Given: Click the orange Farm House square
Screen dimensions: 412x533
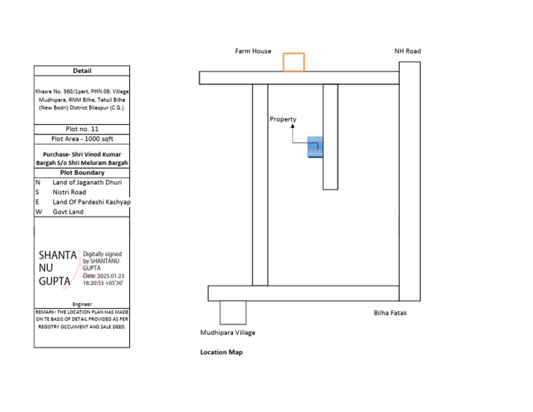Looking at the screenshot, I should click(294, 62).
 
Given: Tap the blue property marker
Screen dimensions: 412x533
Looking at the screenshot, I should click(315, 146).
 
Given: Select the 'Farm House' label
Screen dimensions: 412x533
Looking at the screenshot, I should click(253, 51).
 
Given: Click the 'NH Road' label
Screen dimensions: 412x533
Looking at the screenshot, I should click(407, 51).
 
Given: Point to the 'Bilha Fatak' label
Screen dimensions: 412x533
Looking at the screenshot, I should click(390, 313).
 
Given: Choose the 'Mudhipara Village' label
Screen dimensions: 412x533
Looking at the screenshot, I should click(228, 333).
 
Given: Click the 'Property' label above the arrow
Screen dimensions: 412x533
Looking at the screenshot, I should click(282, 119).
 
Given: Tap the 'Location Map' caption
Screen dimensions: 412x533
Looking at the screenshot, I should click(221, 352).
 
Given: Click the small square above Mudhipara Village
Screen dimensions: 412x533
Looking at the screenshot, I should click(232, 313).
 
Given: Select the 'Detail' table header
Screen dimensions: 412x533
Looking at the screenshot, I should click(82, 71).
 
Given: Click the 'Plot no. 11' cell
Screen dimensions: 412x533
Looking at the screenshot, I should click(82, 129).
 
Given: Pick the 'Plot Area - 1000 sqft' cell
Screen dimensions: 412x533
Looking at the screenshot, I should click(82, 139).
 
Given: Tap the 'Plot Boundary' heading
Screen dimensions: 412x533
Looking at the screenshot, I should click(82, 173).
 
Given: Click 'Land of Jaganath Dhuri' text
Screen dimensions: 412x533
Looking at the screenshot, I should click(87, 182).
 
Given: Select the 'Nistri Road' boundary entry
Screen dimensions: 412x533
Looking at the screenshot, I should click(69, 192).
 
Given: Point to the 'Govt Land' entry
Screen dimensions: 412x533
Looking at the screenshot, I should click(68, 212).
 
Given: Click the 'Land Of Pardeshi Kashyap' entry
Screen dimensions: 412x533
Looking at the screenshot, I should click(92, 202).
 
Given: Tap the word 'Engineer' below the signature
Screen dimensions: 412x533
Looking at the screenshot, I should click(82, 304).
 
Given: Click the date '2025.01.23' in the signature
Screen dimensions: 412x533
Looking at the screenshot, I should click(109, 276).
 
